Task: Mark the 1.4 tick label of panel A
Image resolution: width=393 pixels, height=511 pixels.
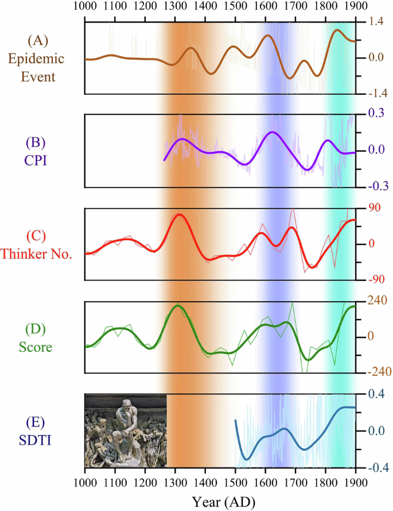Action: (376, 21)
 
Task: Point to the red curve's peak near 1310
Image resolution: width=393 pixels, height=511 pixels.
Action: (179, 214)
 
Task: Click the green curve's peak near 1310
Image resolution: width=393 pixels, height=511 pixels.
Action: (178, 305)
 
